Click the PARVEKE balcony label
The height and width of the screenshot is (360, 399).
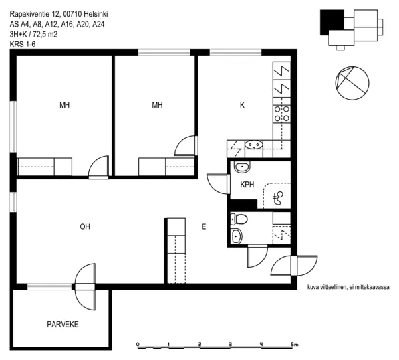click(63, 324)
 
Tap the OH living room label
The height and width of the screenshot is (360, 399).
click(85, 226)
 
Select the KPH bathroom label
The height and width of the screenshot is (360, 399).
click(247, 185)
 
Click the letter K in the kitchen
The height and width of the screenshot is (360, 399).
click(242, 105)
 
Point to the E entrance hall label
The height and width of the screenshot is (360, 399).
click(204, 226)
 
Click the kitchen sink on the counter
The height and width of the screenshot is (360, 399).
click(254, 145)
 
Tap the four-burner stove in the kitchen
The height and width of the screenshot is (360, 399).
click(282, 114)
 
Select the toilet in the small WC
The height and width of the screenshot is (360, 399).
click(239, 219)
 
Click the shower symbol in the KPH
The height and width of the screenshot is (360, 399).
click(277, 198)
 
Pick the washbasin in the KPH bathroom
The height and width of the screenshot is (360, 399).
click(242, 167)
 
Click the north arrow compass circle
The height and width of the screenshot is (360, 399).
click(352, 83)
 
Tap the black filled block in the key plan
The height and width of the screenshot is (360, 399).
click(332, 22)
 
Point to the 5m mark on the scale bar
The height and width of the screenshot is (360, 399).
click(295, 345)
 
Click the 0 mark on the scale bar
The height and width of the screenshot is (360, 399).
click(138, 345)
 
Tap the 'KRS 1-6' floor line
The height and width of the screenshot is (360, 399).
click(23, 45)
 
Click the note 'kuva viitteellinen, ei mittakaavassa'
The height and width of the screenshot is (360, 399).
click(348, 287)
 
